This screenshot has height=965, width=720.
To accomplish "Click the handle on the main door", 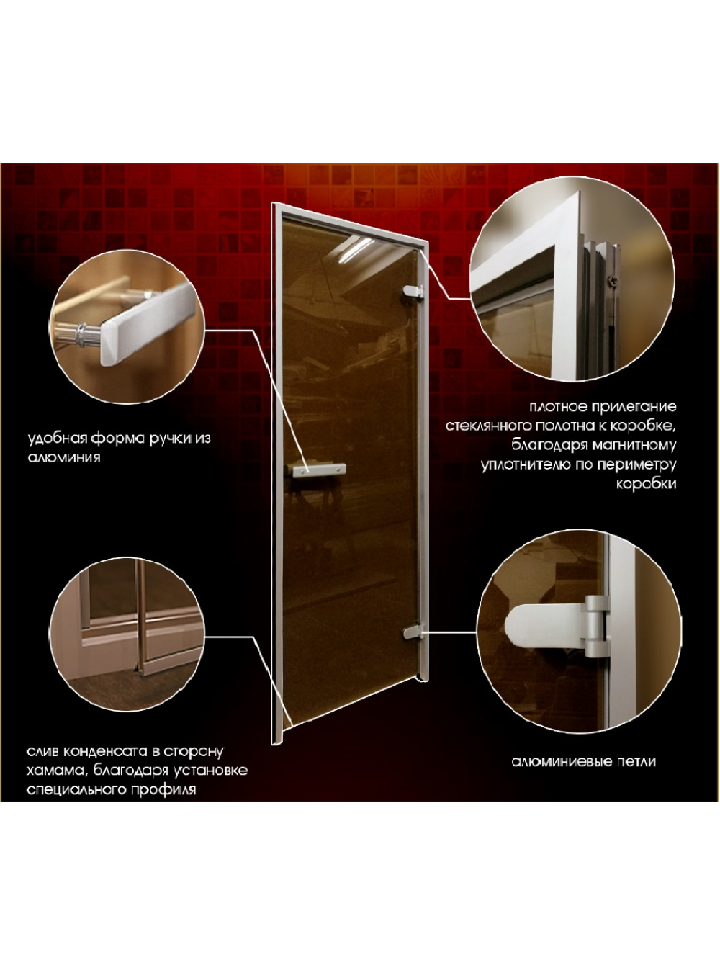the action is coord(319,470).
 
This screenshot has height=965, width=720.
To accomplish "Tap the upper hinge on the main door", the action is coord(413,292).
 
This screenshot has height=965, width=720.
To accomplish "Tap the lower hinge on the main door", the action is coord(413,632).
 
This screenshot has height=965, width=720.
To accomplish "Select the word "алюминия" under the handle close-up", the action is coord(64,458).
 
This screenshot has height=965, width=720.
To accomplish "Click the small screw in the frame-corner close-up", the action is coord(611,278).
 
